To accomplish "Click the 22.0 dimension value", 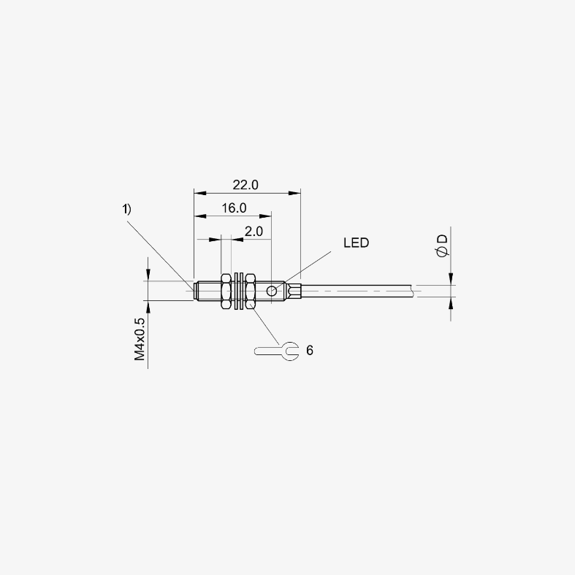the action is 245,185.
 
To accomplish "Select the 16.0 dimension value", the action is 234,208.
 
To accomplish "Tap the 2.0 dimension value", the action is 254,232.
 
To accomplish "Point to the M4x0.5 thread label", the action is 140,339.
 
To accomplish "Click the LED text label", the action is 356,243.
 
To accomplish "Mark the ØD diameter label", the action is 443,246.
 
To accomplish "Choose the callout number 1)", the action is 126,209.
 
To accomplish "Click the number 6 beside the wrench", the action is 310,351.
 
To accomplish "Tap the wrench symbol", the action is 276,351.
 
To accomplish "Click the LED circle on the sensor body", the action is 271,292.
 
